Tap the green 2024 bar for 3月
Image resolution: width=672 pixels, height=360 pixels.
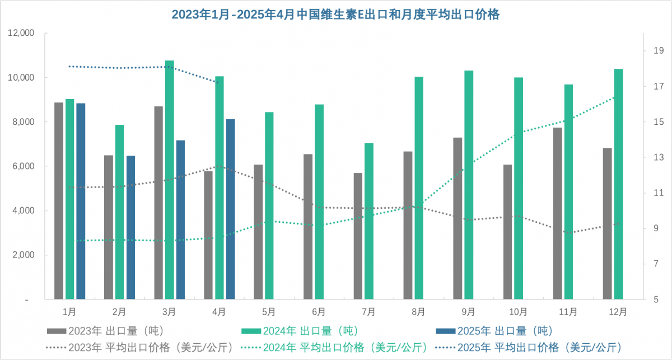169,179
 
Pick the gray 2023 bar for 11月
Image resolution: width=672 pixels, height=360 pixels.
557,213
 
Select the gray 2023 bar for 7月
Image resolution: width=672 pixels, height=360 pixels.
358,235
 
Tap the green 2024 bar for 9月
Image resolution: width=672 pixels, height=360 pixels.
469,185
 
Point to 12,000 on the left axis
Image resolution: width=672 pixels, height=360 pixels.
21,34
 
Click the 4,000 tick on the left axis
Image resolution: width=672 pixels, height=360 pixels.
24,211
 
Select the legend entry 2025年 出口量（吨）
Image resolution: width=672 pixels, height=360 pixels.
504,330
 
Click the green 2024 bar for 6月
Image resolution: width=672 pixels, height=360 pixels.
319,202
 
